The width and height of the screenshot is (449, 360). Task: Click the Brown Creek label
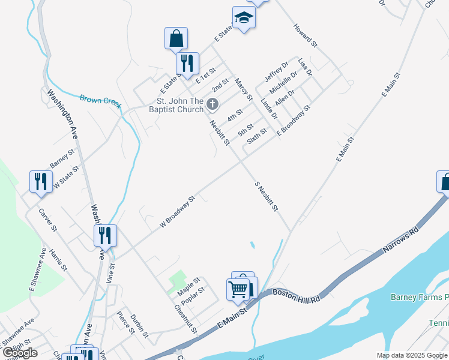tap(101, 101)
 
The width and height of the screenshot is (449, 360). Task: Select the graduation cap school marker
tap(244, 18)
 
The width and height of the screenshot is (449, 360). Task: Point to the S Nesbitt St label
tap(267, 196)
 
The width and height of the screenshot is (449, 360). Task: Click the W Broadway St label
tap(178, 211)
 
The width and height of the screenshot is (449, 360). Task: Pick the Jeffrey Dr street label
tap(277, 71)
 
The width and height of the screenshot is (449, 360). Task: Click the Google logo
tap(20, 353)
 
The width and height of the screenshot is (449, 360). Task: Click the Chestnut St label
tap(185, 319)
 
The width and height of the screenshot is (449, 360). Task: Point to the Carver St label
tap(47, 220)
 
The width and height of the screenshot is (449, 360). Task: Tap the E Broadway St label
tap(293, 120)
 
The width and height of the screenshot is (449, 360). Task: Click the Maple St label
tap(188, 286)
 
